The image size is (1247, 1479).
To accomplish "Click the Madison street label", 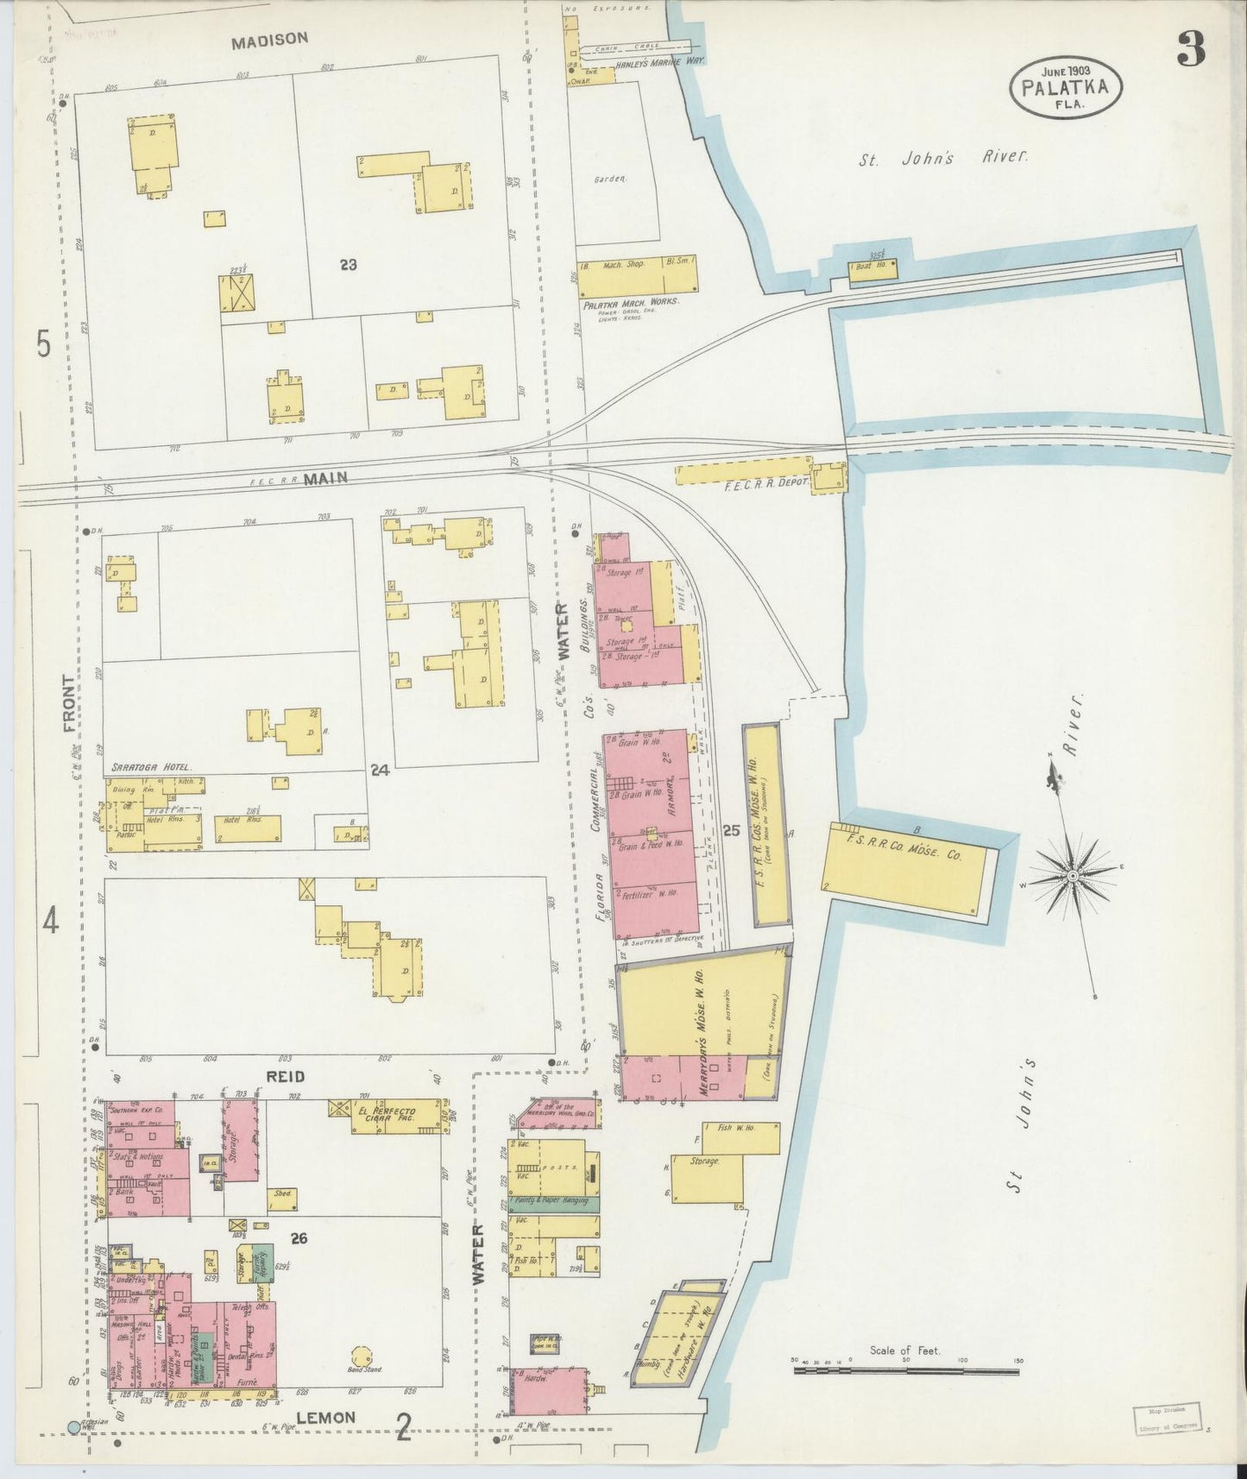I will tap(269, 39).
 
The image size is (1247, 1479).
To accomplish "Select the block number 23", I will tap(348, 265).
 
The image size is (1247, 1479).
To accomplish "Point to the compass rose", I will tap(1071, 876).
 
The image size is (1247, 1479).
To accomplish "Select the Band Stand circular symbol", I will tap(359, 1356).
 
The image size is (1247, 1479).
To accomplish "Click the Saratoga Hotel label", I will tap(151, 767).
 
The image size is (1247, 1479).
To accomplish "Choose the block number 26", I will tap(299, 1238).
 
